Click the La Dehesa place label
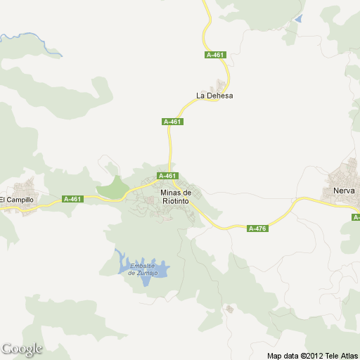pyautogui.click(x=214, y=96)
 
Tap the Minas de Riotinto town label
pyautogui.click(x=175, y=197)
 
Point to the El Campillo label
pyautogui.click(x=16, y=200)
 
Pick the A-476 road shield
pyautogui.click(x=258, y=228)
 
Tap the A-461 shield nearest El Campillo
pyautogui.click(x=72, y=199)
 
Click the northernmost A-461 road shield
pyautogui.click(x=215, y=55)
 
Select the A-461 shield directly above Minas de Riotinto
pyautogui.click(x=167, y=176)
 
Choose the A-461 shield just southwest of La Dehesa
pyautogui.click(x=172, y=122)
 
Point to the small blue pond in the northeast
pyautogui.click(x=299, y=20)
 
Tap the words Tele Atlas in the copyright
pyautogui.click(x=340, y=355)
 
